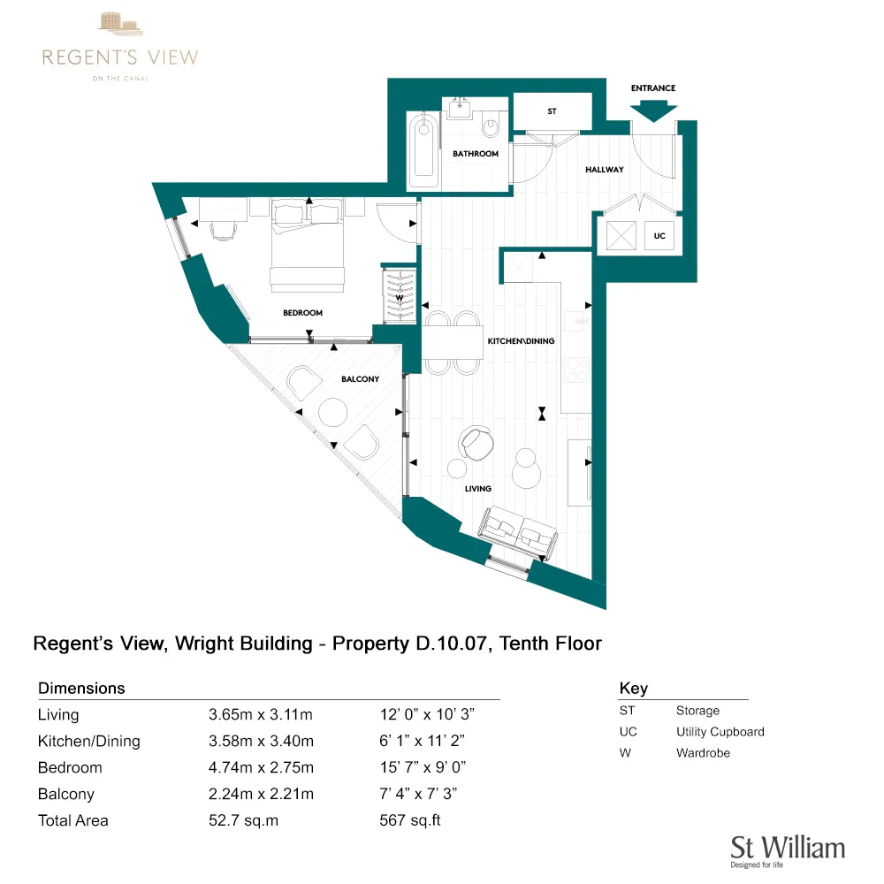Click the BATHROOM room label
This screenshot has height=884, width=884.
pos(476,154)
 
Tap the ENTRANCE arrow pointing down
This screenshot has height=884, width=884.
pos(654,110)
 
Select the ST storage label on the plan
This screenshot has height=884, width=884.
pos(552,112)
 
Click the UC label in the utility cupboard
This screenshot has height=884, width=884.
pos(659,236)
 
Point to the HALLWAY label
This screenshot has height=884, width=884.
pos(605,170)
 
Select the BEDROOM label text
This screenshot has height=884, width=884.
pos(302,313)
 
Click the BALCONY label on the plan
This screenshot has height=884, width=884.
pos(360,379)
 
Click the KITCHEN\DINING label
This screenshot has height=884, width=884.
pos(522,340)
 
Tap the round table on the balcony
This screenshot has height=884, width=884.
pos(334,413)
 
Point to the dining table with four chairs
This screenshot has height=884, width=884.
pos(453,342)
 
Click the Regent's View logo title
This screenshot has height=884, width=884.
pos(120,58)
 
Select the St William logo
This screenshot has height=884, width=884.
pos(787,849)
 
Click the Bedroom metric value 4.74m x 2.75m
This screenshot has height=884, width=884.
pos(261,767)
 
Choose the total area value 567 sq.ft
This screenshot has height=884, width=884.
pos(409,820)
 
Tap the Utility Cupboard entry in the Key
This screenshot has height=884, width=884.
pos(720,732)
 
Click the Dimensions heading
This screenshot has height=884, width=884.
pos(81,688)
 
